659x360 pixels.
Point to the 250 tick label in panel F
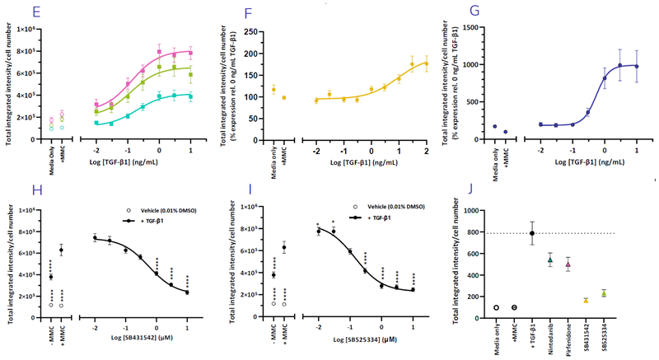pos(263,27)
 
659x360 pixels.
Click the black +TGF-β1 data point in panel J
pos(532,233)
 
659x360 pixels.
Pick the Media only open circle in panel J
pos(496,307)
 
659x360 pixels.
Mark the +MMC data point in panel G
pos(506,132)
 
